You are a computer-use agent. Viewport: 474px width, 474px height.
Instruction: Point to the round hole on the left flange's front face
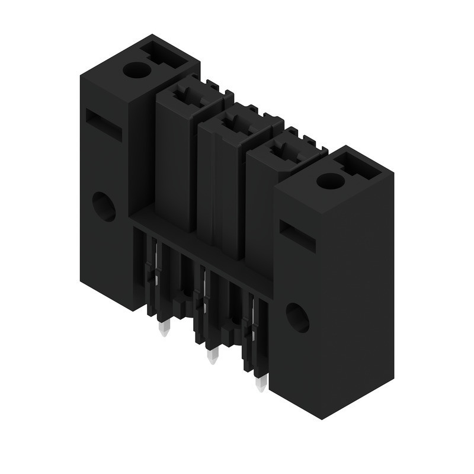tap(104, 207)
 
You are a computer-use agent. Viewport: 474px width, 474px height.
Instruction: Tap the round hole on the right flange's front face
tap(297, 317)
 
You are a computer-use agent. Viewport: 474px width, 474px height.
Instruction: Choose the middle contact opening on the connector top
tap(233, 123)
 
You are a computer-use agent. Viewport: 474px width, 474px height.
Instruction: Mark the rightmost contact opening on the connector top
tap(282, 152)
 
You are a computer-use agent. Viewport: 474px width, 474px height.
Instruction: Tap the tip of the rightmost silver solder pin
tap(261, 389)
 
